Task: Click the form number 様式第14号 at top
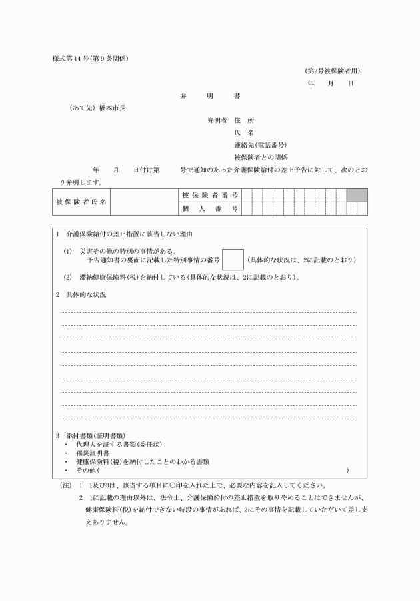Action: coord(90,59)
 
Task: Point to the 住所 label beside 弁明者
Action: coord(244,120)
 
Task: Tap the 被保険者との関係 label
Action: coord(261,158)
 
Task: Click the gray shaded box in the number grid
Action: coord(357,195)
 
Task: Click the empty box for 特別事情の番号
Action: coord(233,259)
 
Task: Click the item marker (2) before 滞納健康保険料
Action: coord(67,277)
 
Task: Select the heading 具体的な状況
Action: coord(86,294)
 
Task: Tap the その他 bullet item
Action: coord(87,470)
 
